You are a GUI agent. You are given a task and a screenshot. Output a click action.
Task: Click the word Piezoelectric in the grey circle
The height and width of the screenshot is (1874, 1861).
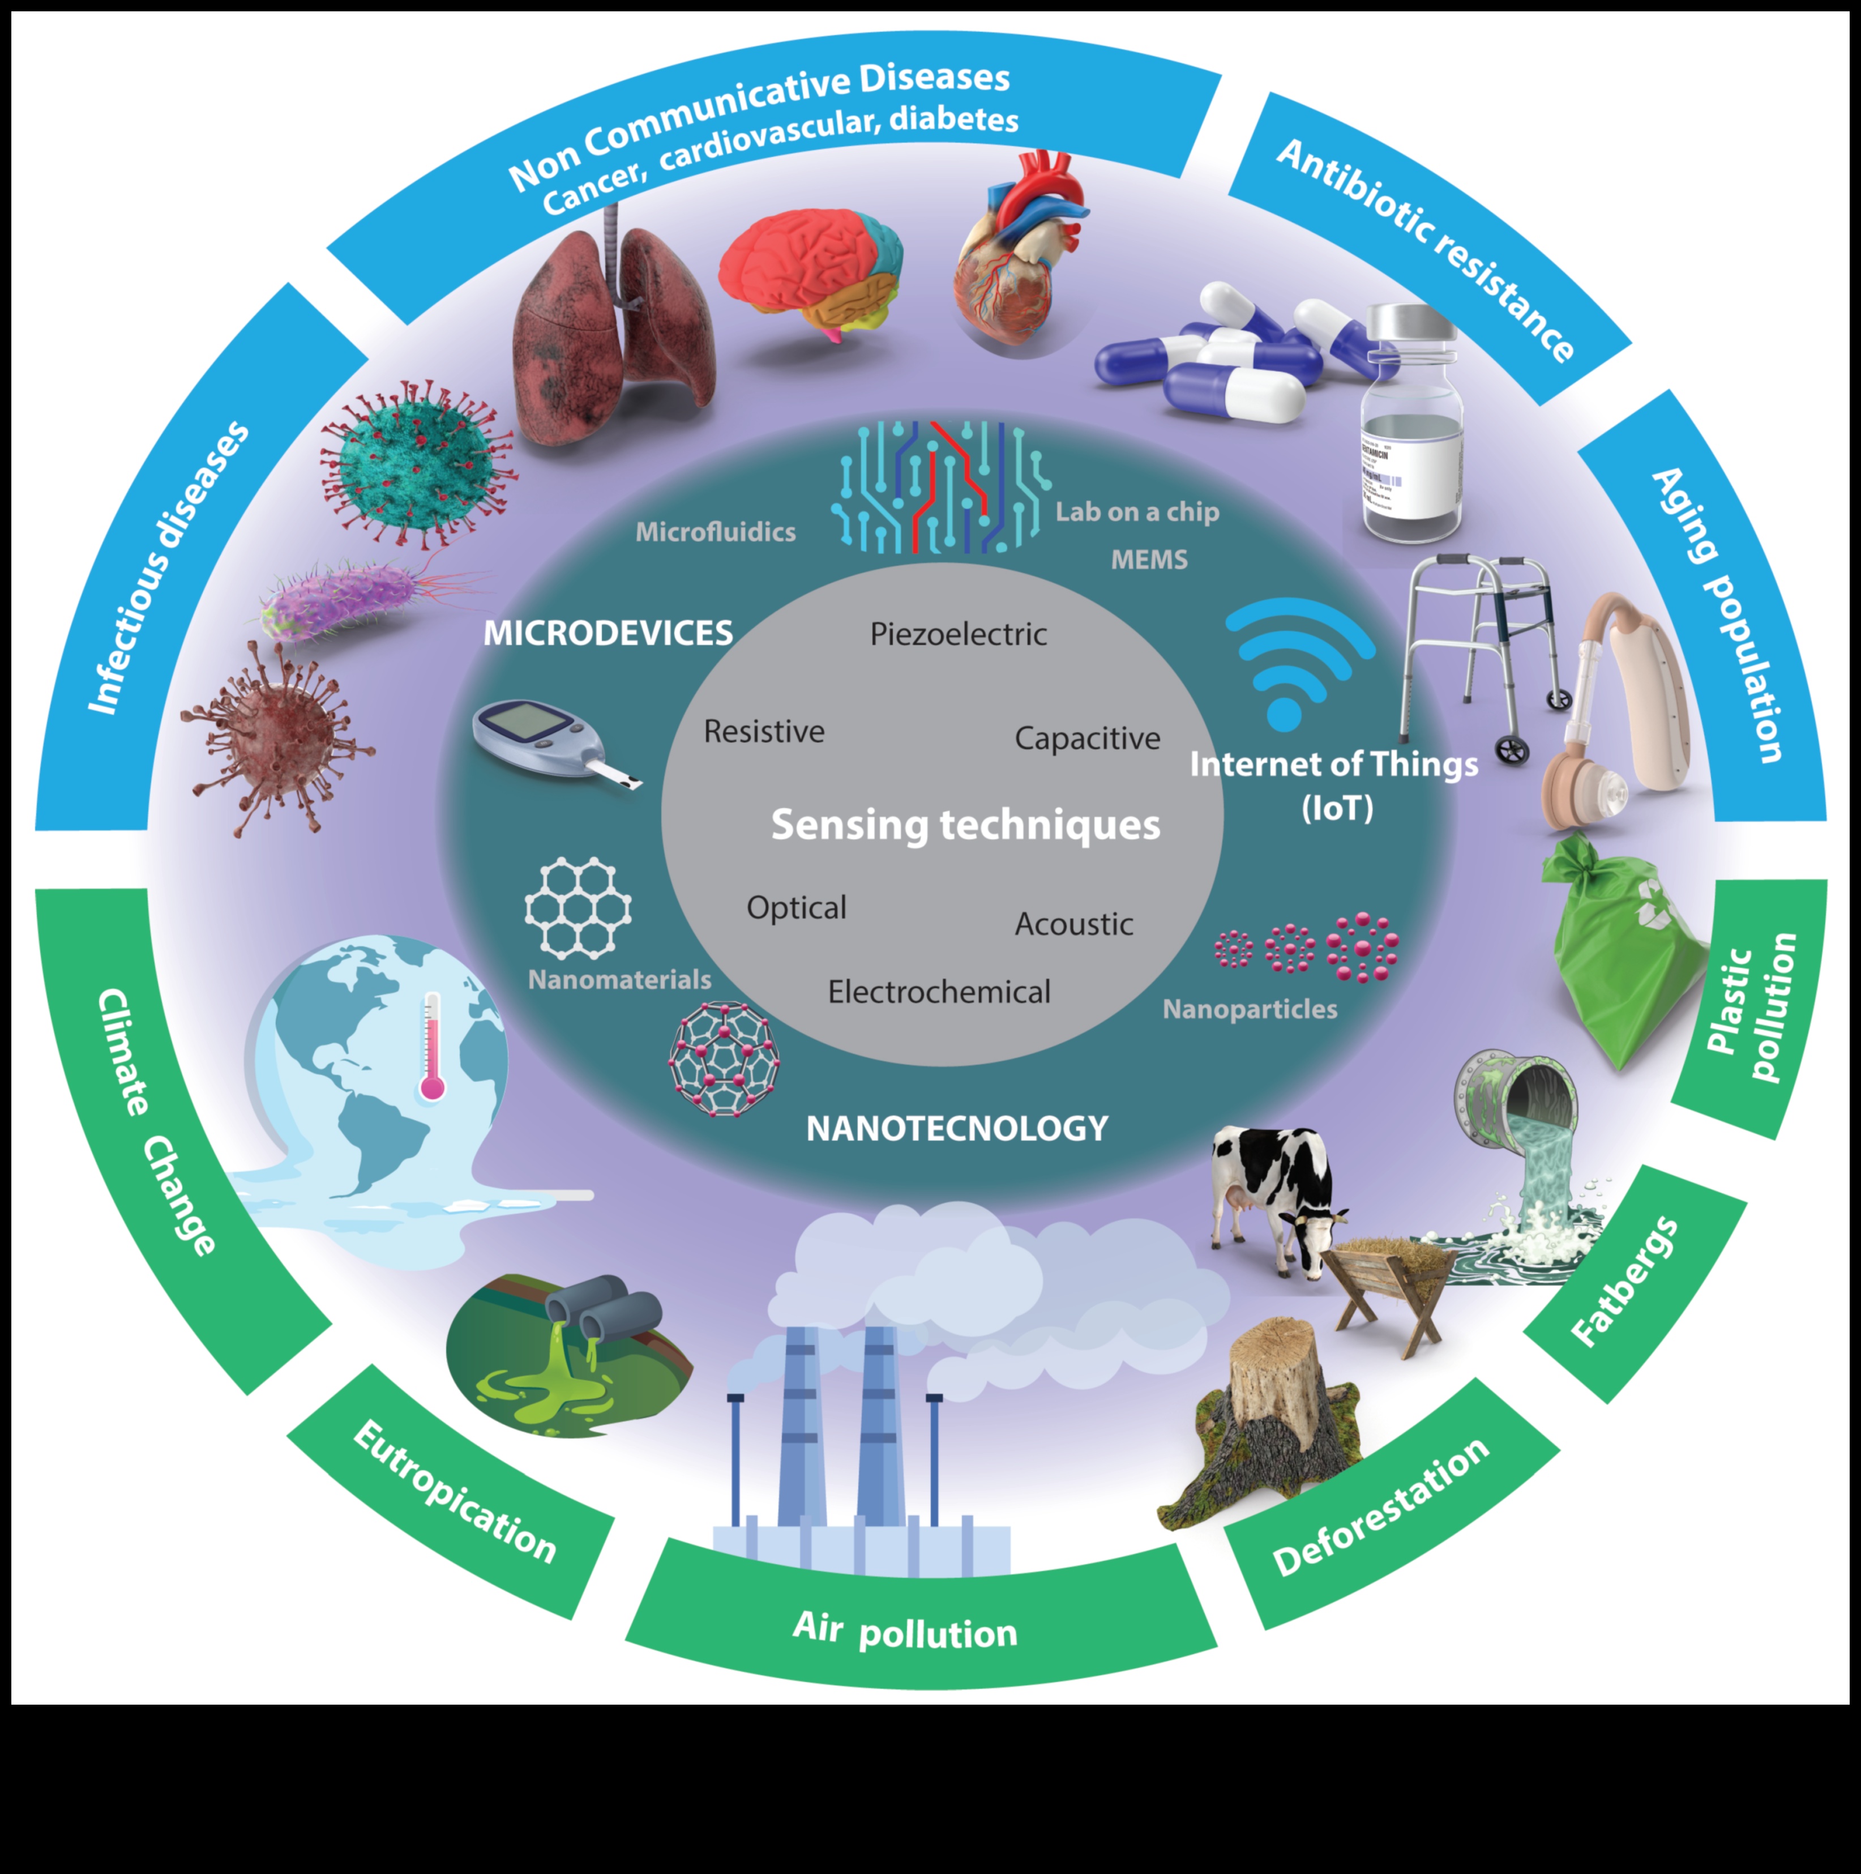click(958, 634)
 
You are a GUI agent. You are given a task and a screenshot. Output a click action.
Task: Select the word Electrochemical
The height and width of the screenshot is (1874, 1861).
click(939, 991)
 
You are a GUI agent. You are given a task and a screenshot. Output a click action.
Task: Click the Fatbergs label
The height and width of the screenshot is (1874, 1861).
click(1624, 1280)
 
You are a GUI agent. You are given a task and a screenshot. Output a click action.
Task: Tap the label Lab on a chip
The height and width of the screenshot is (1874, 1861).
click(1136, 511)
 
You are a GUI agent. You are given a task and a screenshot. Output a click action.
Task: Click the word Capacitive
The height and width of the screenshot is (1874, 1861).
click(1087, 738)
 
